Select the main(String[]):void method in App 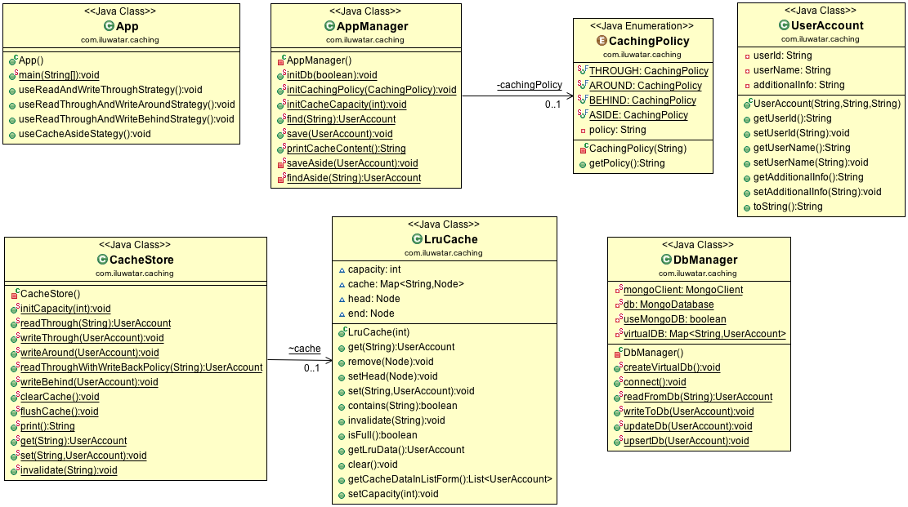tap(58, 75)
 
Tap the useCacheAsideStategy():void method tap(84, 134)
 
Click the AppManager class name tap(372, 26)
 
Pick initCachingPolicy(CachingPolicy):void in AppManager tap(371, 90)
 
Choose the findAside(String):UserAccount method tap(353, 178)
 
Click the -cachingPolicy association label tap(529, 85)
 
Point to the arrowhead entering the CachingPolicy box tap(569, 96)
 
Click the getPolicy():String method tap(627, 163)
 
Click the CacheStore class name tap(141, 260)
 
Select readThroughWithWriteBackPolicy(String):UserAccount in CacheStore tap(141, 367)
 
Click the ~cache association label tap(304, 349)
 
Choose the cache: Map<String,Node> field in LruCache tap(405, 284)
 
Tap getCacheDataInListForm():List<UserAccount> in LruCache tap(450, 479)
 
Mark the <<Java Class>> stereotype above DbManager tap(699, 244)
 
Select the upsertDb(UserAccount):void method tap(686, 441)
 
